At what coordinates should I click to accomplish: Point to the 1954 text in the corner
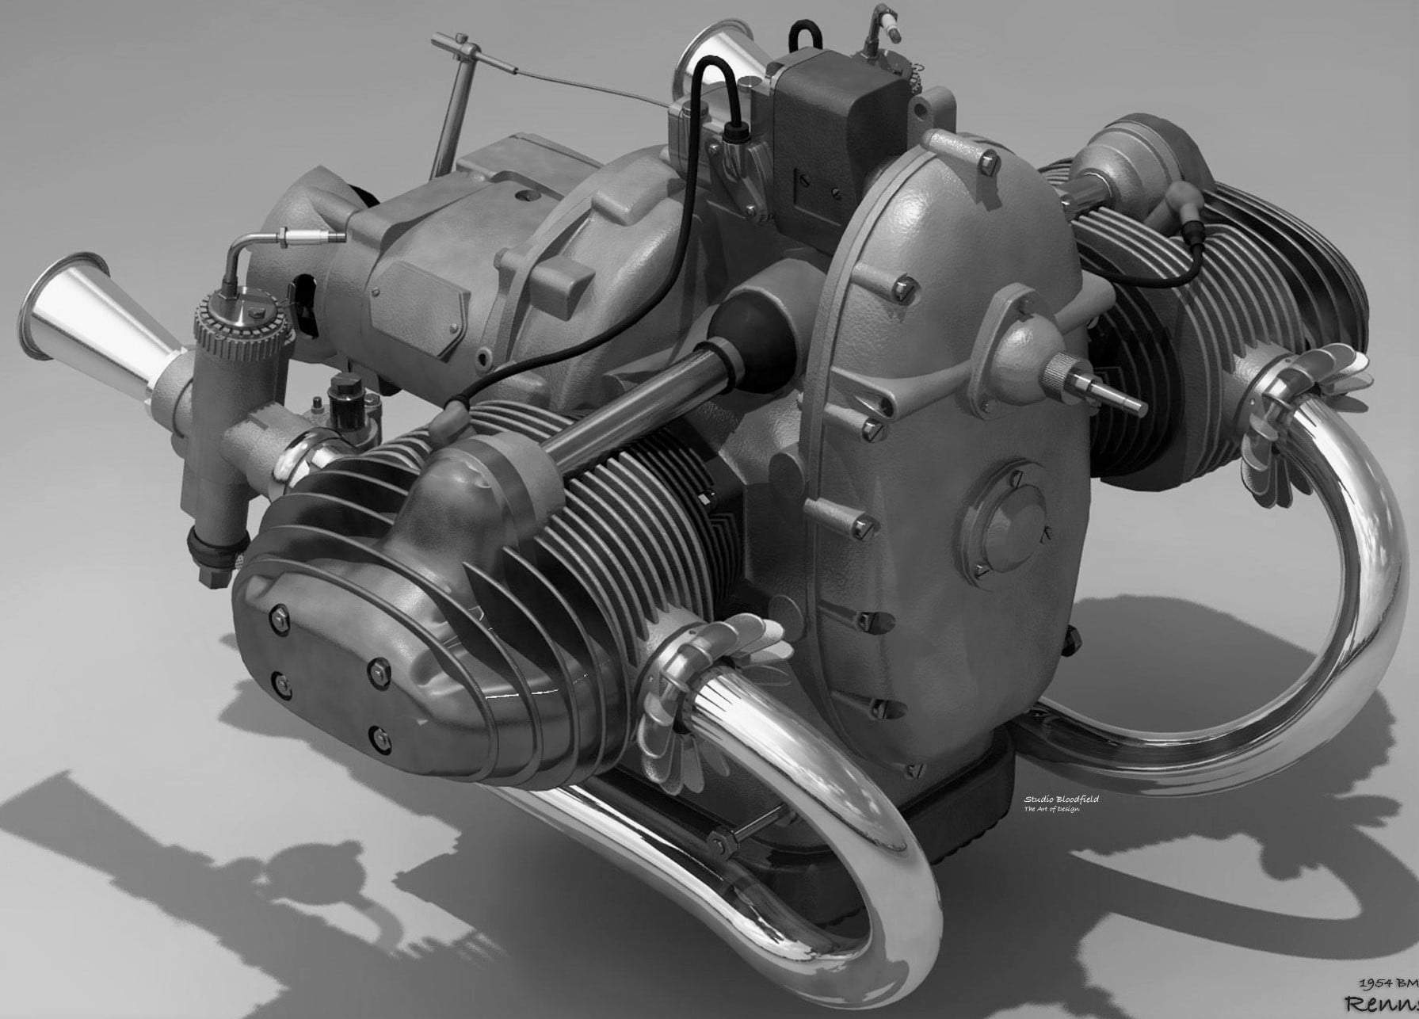(1377, 983)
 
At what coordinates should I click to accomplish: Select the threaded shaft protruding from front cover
(1109, 388)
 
